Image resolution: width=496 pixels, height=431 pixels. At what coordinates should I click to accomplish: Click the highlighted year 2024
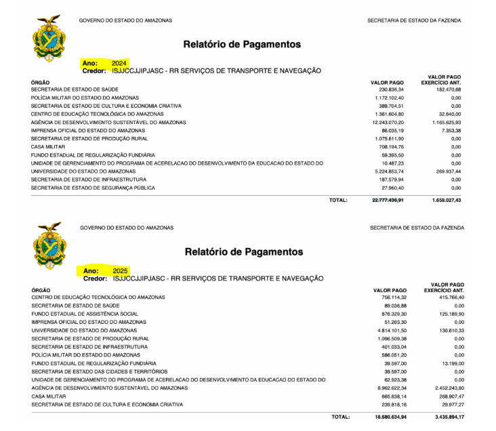click(119, 62)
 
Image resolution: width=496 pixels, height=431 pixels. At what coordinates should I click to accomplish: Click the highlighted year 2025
click(120, 270)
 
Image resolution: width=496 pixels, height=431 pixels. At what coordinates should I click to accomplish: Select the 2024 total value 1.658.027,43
click(447, 201)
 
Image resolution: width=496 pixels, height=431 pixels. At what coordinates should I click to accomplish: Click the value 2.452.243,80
click(447, 388)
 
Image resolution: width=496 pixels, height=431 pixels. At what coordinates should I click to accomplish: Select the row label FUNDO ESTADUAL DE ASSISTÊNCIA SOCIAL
click(85, 314)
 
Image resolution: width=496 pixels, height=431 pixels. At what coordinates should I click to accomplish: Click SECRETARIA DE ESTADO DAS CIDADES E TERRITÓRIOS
click(99, 371)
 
